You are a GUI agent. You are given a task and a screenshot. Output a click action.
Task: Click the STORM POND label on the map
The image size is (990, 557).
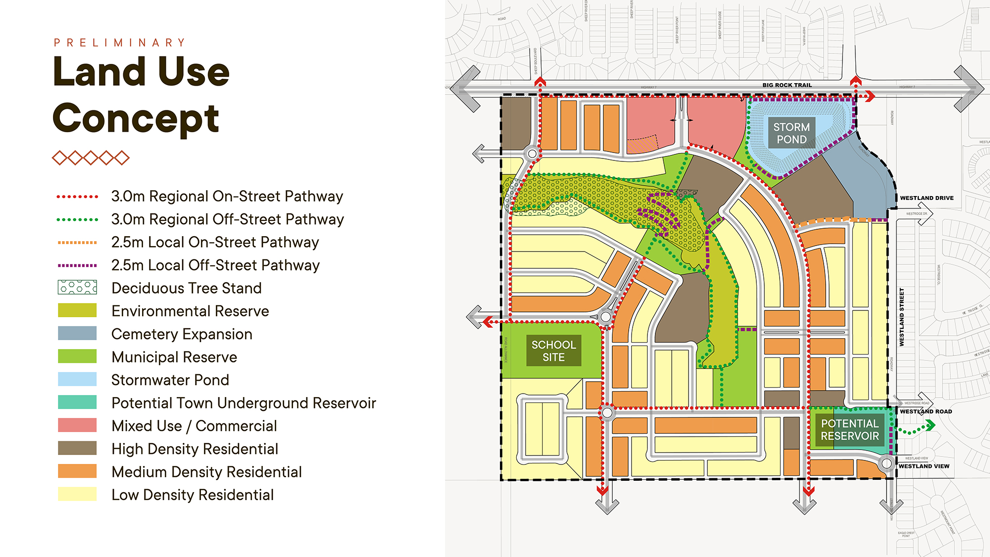[x=792, y=133]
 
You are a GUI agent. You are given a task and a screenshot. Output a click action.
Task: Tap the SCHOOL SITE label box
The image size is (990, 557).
[x=553, y=351]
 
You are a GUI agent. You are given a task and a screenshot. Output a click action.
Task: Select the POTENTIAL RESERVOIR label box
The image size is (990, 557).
[x=849, y=430]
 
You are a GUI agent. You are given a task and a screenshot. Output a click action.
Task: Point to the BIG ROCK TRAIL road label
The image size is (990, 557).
[x=787, y=85]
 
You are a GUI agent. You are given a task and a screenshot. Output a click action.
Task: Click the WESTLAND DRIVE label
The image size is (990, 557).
[x=927, y=198]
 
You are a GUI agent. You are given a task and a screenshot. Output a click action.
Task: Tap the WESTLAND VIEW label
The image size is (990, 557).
[x=924, y=466]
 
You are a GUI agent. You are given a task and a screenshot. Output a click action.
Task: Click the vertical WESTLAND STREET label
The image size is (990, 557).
[x=901, y=317]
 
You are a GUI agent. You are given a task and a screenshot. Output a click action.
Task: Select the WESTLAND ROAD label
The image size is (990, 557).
[x=926, y=411]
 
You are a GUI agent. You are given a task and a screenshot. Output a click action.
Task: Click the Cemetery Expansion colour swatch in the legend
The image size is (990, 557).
[x=77, y=334]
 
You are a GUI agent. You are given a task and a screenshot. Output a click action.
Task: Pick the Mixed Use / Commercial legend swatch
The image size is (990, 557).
[x=77, y=425]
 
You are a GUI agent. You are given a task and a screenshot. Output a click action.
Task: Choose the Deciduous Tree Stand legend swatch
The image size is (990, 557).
[x=77, y=288]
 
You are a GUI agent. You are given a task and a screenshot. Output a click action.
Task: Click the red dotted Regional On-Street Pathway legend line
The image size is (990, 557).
[x=77, y=197]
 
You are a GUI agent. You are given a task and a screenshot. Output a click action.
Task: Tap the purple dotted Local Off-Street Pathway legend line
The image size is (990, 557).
[x=77, y=265]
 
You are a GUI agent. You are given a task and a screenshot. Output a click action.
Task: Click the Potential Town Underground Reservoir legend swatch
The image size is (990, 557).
[x=77, y=403]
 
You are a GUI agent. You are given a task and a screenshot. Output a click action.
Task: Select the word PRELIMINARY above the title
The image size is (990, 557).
[x=119, y=43]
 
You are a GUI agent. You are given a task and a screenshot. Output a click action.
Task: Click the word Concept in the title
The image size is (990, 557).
[x=136, y=118]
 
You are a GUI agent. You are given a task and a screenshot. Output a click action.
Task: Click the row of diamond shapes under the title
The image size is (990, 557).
[x=91, y=158]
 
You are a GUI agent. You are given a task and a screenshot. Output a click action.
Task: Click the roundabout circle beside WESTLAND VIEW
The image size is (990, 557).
[x=887, y=464]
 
